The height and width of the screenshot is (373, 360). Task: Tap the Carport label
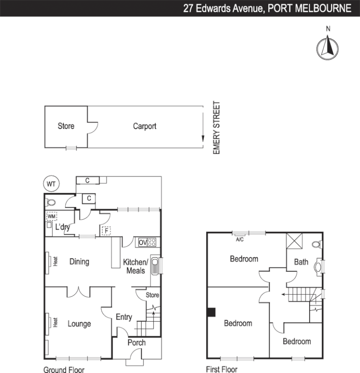145,126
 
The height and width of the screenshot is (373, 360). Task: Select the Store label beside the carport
66,126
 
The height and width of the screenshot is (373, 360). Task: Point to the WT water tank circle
51,184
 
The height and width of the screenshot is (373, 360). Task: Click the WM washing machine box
51,216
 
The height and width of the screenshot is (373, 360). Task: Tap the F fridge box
106,230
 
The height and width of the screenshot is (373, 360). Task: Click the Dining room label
79,262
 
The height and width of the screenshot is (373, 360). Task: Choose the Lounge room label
79,324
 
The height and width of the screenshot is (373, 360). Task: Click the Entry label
124,317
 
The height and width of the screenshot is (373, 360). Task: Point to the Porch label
136,343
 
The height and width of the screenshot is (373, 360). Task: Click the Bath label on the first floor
301,262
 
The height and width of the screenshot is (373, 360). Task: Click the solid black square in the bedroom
211,312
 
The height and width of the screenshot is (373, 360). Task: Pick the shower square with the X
294,242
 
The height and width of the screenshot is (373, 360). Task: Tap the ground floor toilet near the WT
51,203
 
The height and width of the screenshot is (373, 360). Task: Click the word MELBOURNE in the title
322,8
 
